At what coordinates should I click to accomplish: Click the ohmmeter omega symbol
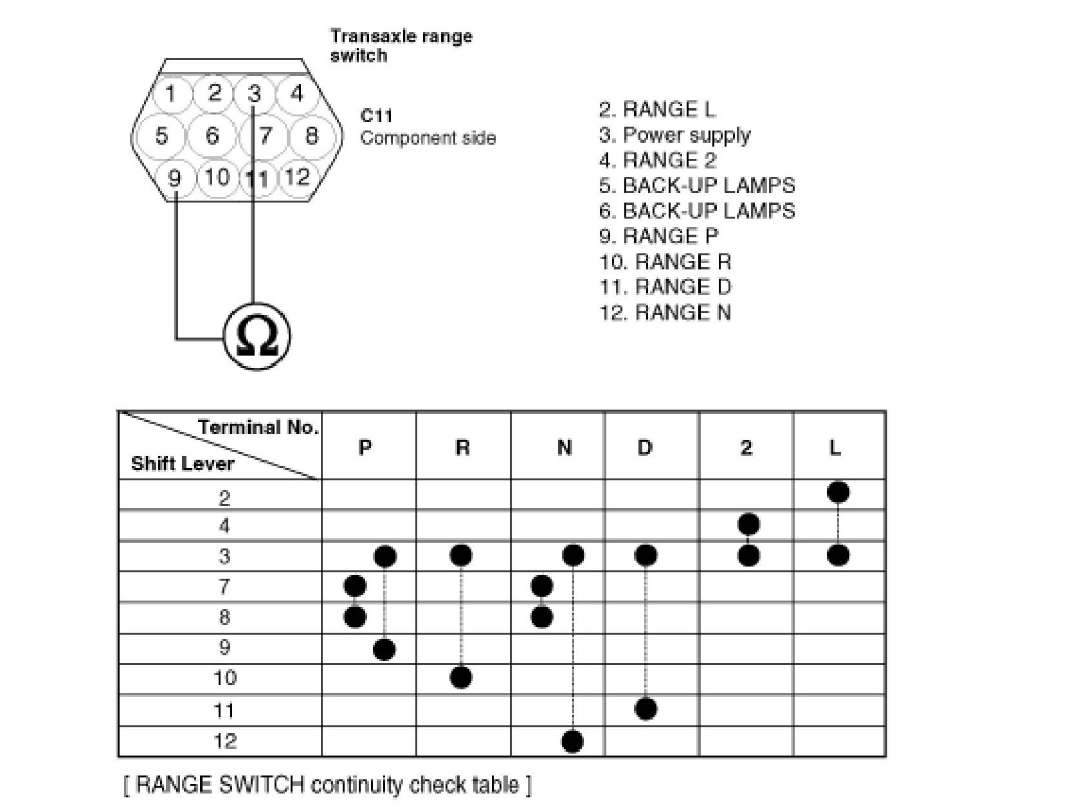click(x=257, y=337)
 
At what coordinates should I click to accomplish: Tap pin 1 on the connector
click(x=170, y=94)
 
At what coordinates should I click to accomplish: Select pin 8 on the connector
click(x=311, y=136)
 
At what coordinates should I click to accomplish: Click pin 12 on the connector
click(x=296, y=176)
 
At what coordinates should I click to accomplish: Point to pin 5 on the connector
click(x=161, y=136)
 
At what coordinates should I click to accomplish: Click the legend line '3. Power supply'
click(x=674, y=135)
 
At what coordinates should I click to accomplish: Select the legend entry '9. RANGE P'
click(x=658, y=236)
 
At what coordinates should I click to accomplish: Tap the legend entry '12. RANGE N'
click(x=665, y=313)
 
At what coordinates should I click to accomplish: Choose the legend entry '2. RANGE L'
click(x=656, y=109)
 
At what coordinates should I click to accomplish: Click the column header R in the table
click(x=462, y=447)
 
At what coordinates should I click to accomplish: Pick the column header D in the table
click(x=645, y=447)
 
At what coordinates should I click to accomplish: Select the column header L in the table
click(x=835, y=447)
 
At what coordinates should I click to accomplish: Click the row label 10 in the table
click(x=224, y=678)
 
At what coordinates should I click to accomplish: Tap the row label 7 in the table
click(x=224, y=586)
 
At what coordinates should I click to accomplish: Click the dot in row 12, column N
click(x=572, y=741)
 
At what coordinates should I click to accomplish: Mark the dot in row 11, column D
click(x=646, y=709)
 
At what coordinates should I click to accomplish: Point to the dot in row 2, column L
click(x=838, y=493)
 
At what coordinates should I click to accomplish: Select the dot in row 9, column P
click(x=384, y=649)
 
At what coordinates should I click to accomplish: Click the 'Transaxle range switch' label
click(x=401, y=45)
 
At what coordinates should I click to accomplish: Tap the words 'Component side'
click(x=428, y=138)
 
